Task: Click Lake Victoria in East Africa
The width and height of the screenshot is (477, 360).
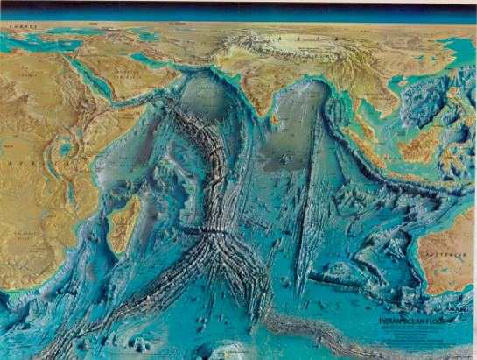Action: click(67, 151)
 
